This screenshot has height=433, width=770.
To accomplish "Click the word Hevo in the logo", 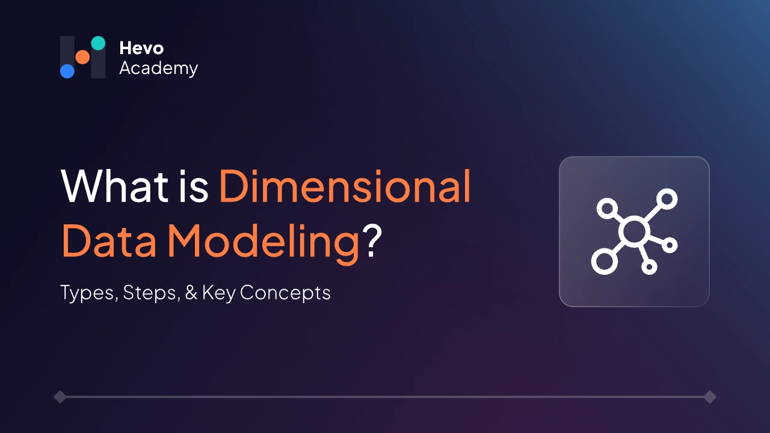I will coord(141,48).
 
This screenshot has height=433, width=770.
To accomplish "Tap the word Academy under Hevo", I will coord(158,69).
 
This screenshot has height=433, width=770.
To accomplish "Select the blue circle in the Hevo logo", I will coord(67,71).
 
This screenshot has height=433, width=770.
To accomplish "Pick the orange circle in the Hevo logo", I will coord(82,57).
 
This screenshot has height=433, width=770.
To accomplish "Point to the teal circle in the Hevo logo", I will coord(98,43).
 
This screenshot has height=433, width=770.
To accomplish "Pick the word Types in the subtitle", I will coord(88,293).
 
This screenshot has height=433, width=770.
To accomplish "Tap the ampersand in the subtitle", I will coord(191,293).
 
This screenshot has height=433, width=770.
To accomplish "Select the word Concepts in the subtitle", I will coord(285,293).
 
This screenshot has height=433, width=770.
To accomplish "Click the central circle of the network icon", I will coord(635,232).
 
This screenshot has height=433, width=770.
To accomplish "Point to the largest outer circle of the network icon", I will coord(604,262).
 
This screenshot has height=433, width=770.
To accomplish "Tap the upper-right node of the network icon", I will coord(667,198).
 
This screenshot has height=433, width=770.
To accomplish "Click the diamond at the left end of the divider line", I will coord(60,397).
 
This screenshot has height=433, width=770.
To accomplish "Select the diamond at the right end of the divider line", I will coord(710,397).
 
